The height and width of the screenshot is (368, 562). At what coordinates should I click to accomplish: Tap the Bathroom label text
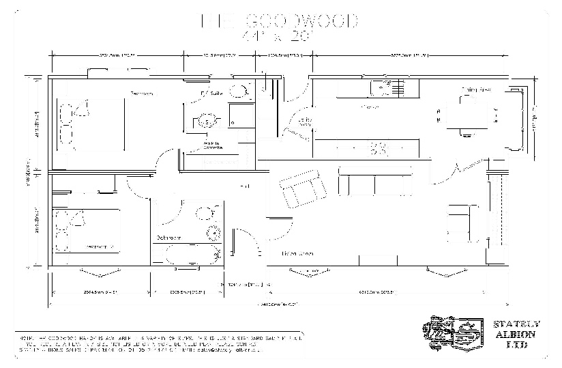(168, 238)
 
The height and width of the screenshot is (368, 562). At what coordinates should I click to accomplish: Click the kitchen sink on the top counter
(379, 87)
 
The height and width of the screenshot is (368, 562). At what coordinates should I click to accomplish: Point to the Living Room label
(298, 254)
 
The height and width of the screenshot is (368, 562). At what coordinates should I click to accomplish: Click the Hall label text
(243, 186)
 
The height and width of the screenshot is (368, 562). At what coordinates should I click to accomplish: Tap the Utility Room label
(304, 122)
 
